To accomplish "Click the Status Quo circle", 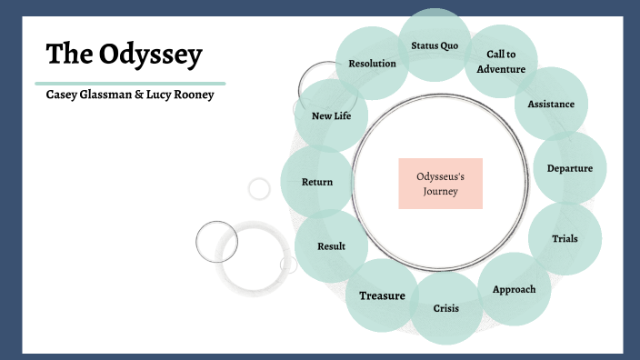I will coord(435,45).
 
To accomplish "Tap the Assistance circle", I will coord(551,104).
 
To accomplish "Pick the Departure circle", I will coord(570,167).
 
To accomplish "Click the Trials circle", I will coord(565,239).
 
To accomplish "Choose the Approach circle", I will coord(514,289).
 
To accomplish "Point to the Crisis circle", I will coord(445,308).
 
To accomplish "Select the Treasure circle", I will coord(382,295).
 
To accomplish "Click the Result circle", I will coord(331,246).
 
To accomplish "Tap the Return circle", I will coord(317,182).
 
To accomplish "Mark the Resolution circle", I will coord(372,64).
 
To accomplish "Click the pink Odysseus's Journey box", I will coord(440,183).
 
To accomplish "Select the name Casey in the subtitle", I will coord(64,95).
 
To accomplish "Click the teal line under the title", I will coord(135,82).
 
